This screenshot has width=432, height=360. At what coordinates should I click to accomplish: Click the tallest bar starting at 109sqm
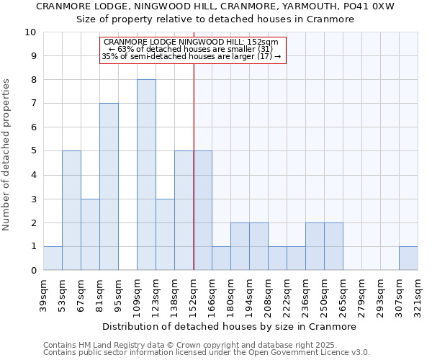click(x=146, y=175)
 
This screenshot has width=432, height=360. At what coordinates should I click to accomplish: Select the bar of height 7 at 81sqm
click(x=109, y=186)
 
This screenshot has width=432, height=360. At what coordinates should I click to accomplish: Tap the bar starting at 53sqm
click(x=71, y=210)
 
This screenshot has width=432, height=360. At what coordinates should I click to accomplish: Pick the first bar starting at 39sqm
click(x=53, y=258)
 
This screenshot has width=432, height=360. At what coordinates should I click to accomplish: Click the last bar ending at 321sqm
click(x=408, y=258)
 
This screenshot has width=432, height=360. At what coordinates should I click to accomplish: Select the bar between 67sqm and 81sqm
click(x=90, y=234)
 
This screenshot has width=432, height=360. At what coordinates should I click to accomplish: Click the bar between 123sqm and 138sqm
click(x=165, y=234)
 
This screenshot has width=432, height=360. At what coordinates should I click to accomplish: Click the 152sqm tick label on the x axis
click(x=194, y=294)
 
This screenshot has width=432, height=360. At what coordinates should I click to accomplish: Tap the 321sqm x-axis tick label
click(x=418, y=294)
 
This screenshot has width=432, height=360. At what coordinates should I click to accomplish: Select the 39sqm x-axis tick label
click(x=44, y=294)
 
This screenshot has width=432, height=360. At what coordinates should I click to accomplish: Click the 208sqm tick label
click(x=269, y=294)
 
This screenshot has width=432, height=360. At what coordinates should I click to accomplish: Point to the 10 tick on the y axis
click(x=30, y=32)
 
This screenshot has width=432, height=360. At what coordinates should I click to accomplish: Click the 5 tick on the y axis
click(x=33, y=151)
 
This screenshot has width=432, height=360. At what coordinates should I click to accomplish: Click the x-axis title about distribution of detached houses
click(x=230, y=326)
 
